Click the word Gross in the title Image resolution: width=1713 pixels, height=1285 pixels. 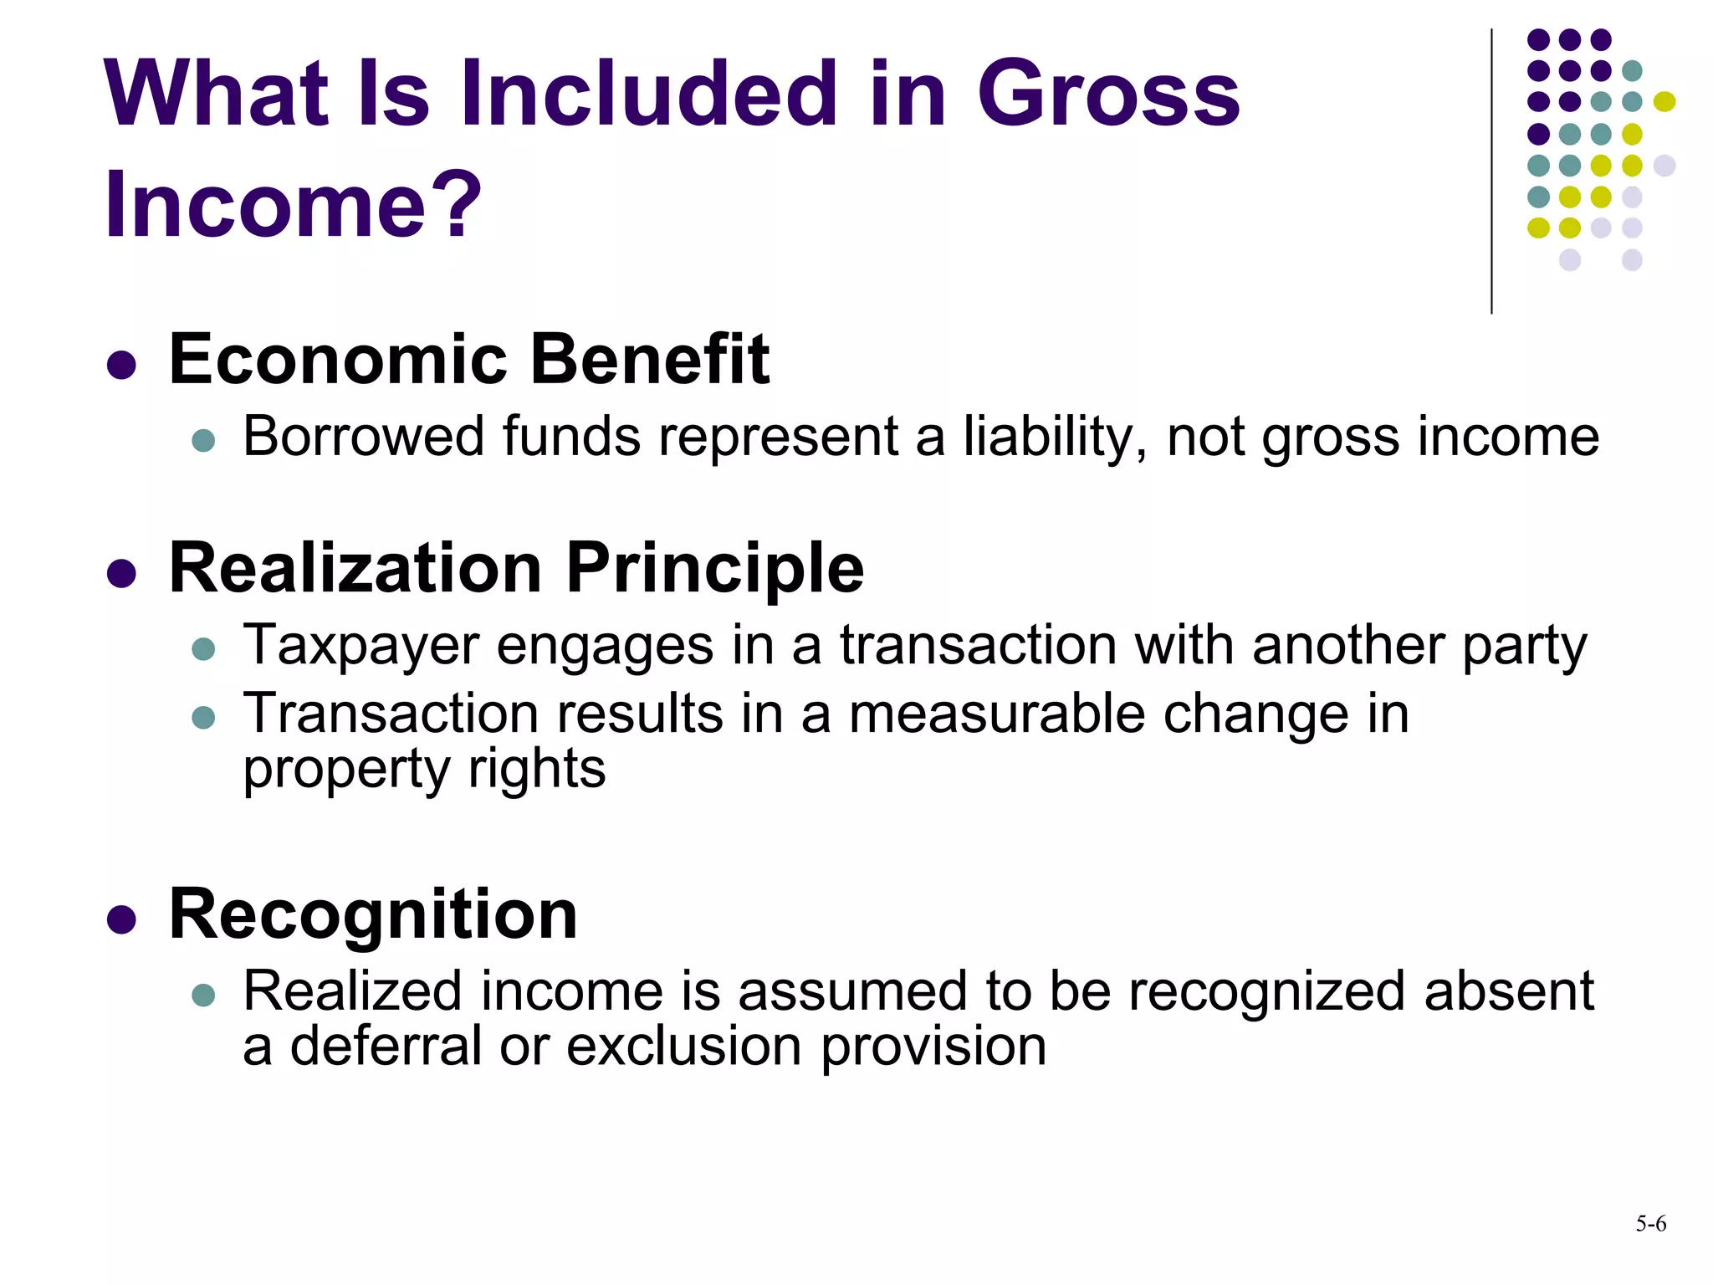[x=1107, y=94]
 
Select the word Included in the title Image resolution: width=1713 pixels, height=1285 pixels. [x=647, y=94]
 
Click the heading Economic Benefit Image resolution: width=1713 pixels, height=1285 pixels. [x=468, y=360]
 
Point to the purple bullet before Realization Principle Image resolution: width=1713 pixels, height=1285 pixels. [x=122, y=574]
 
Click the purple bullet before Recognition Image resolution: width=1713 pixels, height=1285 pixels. [x=122, y=919]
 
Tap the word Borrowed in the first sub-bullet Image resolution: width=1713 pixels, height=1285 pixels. [x=363, y=437]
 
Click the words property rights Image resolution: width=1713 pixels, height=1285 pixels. [x=424, y=770]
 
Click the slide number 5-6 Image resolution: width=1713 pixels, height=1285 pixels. [x=1650, y=1224]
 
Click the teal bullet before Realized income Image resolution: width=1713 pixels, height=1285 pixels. [x=203, y=995]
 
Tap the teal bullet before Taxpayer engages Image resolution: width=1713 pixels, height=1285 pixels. [x=203, y=649]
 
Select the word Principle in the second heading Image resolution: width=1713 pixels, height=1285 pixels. [x=714, y=569]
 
